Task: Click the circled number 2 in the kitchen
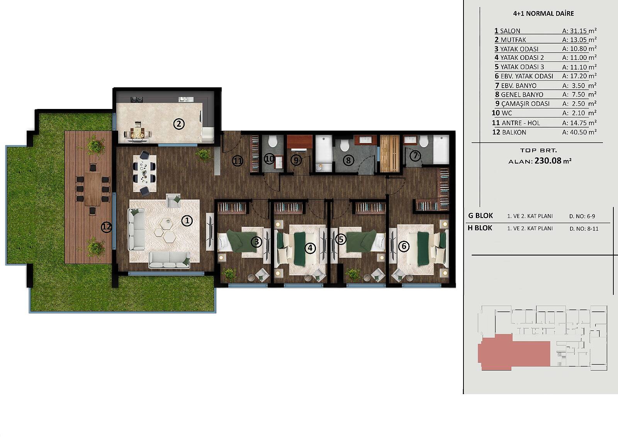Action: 179,124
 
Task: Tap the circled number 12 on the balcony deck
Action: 106,227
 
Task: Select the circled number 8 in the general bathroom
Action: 348,160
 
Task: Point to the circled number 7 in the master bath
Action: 415,156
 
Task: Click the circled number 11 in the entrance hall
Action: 237,161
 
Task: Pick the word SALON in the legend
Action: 510,31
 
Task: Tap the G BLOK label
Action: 480,216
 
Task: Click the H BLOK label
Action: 480,228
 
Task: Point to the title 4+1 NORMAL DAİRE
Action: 543,14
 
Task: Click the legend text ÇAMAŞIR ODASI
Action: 525,104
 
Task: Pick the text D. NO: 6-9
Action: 584,216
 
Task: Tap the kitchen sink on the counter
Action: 186,99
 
